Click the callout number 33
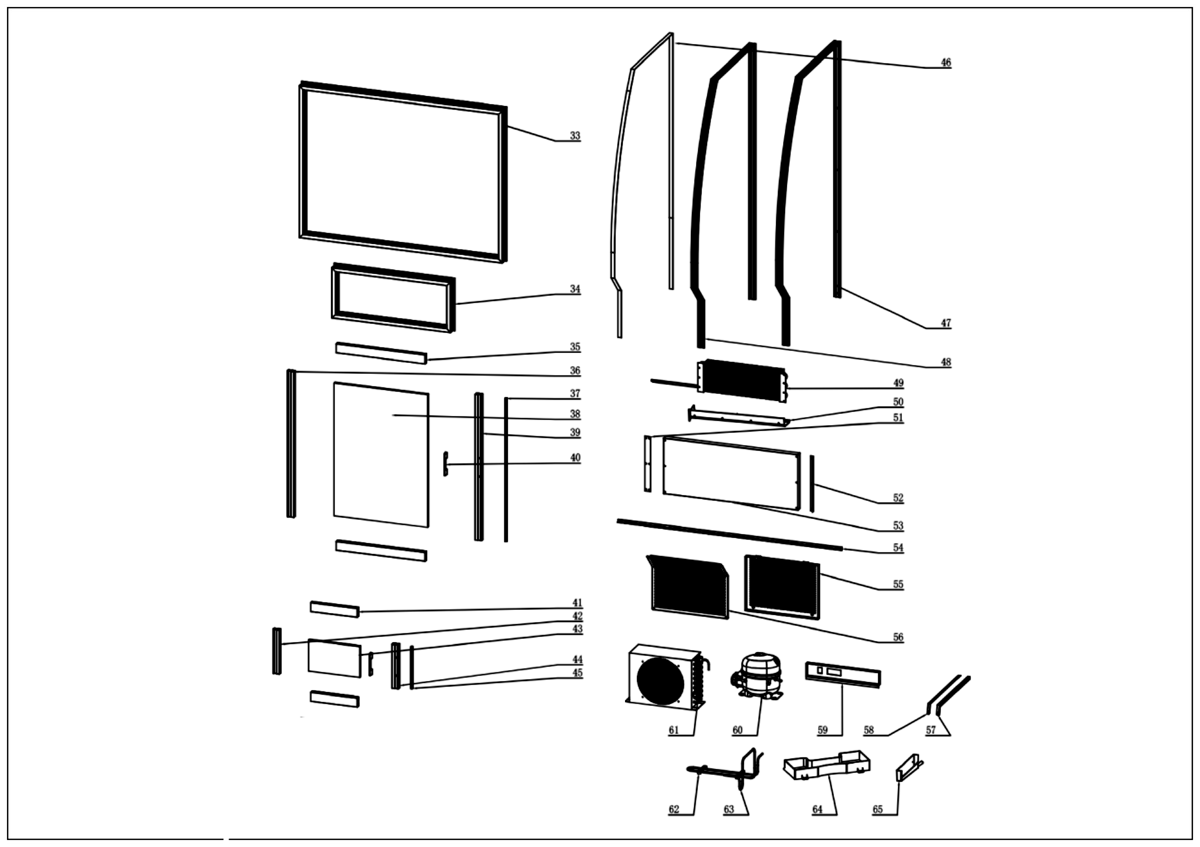pyautogui.click(x=574, y=136)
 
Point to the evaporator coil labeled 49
pyautogui.click(x=742, y=380)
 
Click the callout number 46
pyautogui.click(x=945, y=62)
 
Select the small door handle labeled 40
pyautogui.click(x=445, y=464)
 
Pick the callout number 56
pyautogui.click(x=898, y=637)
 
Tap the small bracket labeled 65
pyautogui.click(x=907, y=768)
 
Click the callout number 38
pyautogui.click(x=575, y=414)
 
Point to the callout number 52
pyautogui.click(x=898, y=498)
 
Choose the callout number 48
pyautogui.click(x=945, y=362)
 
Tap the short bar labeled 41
pyautogui.click(x=334, y=608)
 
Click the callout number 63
pyautogui.click(x=728, y=809)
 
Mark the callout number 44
pyautogui.click(x=577, y=660)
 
